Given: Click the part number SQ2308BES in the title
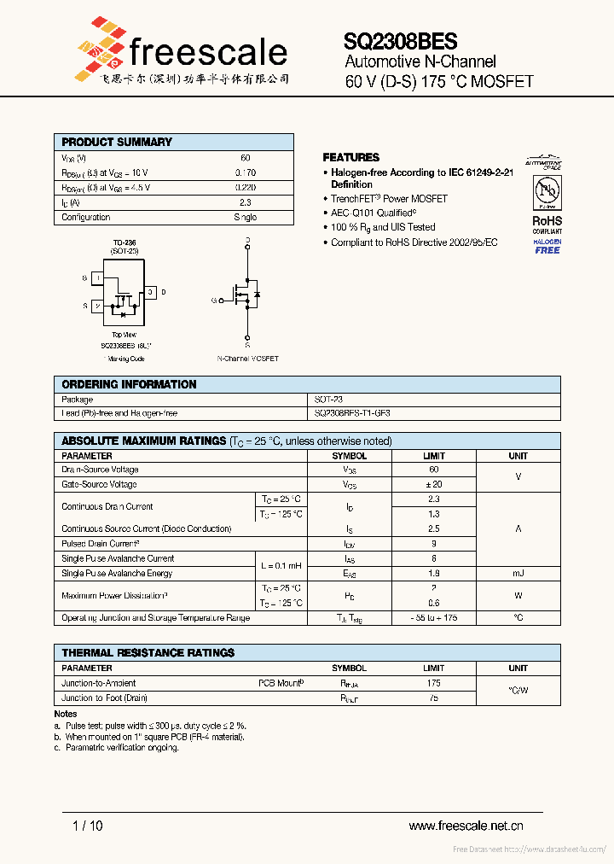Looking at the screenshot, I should [400, 41].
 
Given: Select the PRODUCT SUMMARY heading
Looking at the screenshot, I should [117, 142].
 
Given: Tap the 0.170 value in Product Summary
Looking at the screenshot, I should [245, 172].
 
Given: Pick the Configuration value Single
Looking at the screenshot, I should [245, 218].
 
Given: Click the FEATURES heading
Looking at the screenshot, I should [350, 157].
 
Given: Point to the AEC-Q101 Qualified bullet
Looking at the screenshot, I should [374, 213].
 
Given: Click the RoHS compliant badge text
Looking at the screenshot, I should [547, 222].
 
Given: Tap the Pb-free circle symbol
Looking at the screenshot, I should [547, 192].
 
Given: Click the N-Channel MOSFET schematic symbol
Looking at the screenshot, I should [246, 295].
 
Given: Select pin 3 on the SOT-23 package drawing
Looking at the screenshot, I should [150, 293].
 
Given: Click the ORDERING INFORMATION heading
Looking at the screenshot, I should [129, 384].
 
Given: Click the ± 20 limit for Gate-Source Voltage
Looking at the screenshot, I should [434, 484].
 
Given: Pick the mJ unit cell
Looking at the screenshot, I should [518, 574].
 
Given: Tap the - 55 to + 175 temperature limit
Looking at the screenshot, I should [434, 617].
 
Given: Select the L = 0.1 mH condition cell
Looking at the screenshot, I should [281, 566].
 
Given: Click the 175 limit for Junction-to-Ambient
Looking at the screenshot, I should [434, 683].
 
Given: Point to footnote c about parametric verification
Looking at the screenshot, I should [116, 747].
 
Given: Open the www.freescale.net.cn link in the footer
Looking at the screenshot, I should [466, 825].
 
